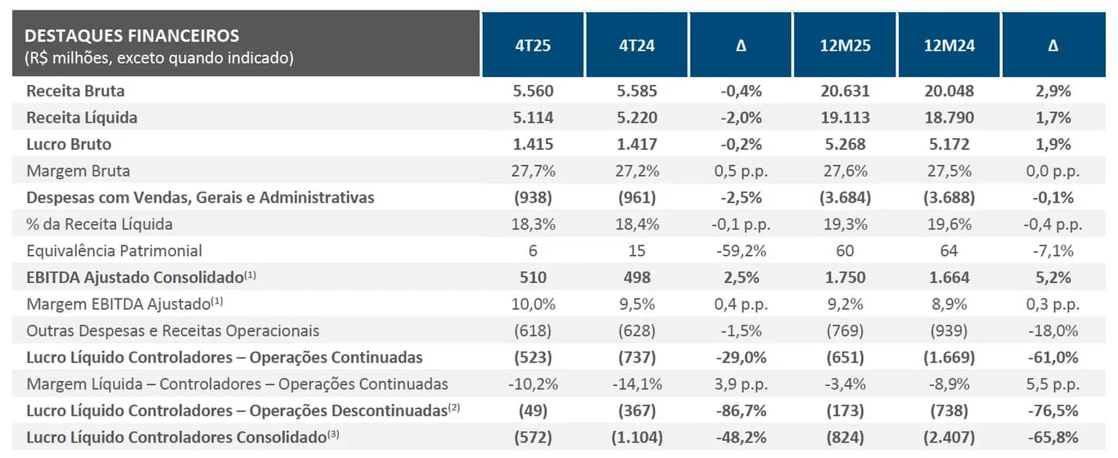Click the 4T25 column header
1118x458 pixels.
[x=533, y=46]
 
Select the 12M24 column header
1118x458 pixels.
[x=949, y=46]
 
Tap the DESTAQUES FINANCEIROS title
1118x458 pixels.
[x=133, y=35]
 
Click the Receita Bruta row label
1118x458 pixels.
[x=75, y=91]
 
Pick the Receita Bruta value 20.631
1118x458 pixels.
[x=845, y=91]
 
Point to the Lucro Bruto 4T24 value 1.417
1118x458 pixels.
[x=637, y=144]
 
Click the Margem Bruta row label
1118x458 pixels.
[x=78, y=171]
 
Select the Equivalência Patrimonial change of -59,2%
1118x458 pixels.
[x=741, y=250]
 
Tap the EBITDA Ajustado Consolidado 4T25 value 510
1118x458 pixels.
[x=533, y=277]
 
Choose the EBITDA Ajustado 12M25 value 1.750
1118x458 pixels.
[x=845, y=277]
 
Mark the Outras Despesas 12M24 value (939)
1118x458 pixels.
[x=949, y=330]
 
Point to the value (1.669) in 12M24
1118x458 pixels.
[x=949, y=357]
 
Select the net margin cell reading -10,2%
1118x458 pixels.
[x=533, y=384]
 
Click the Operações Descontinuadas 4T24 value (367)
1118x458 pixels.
[x=637, y=411]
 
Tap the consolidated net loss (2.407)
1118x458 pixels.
[x=949, y=438]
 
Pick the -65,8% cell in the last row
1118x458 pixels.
[x=1053, y=438]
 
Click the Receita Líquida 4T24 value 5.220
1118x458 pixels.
[x=637, y=118]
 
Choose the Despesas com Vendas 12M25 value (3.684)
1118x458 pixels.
[x=845, y=197]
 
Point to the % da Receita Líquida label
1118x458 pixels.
[x=99, y=224]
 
